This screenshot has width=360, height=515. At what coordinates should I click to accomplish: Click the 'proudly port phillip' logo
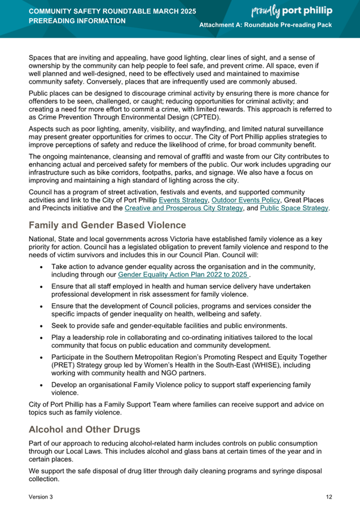click(299, 11)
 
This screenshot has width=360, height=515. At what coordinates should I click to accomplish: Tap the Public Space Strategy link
click(293, 208)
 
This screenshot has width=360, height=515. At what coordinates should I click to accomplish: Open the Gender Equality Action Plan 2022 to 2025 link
click(183, 274)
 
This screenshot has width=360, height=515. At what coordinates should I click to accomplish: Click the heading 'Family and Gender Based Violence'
click(107, 225)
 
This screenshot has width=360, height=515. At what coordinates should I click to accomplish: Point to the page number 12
click(328, 497)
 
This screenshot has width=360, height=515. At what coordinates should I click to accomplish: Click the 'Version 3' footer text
click(41, 497)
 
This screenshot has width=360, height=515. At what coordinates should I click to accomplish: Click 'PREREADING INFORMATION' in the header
click(77, 21)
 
